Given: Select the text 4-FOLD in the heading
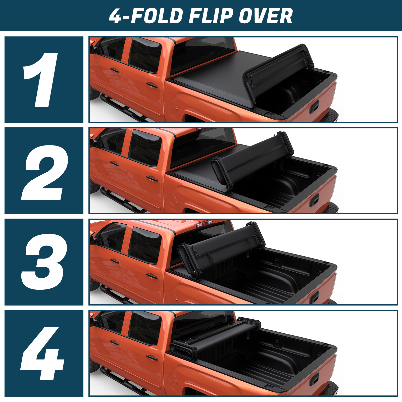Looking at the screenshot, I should pos(146,16).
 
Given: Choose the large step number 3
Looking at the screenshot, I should pos(44,262).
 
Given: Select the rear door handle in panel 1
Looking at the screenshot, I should pos(152,85).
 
